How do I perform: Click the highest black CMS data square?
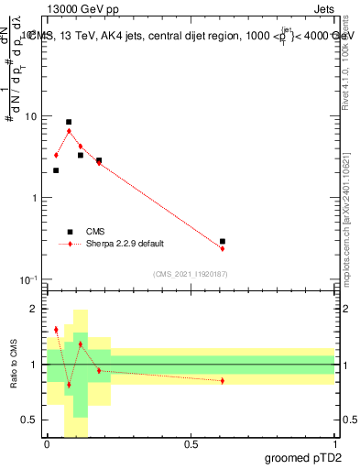tap(69, 122)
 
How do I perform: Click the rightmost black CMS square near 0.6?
tap(223, 242)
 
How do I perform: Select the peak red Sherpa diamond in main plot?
tap(69, 131)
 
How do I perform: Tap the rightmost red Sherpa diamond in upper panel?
tap(223, 249)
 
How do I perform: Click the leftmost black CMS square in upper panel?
tap(56, 170)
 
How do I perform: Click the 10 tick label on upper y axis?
tap(31, 116)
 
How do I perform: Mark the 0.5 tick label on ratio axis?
tap(31, 420)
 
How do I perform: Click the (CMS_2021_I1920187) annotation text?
tap(190, 272)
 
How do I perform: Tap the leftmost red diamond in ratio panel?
tap(56, 330)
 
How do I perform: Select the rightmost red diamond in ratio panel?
tap(223, 380)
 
